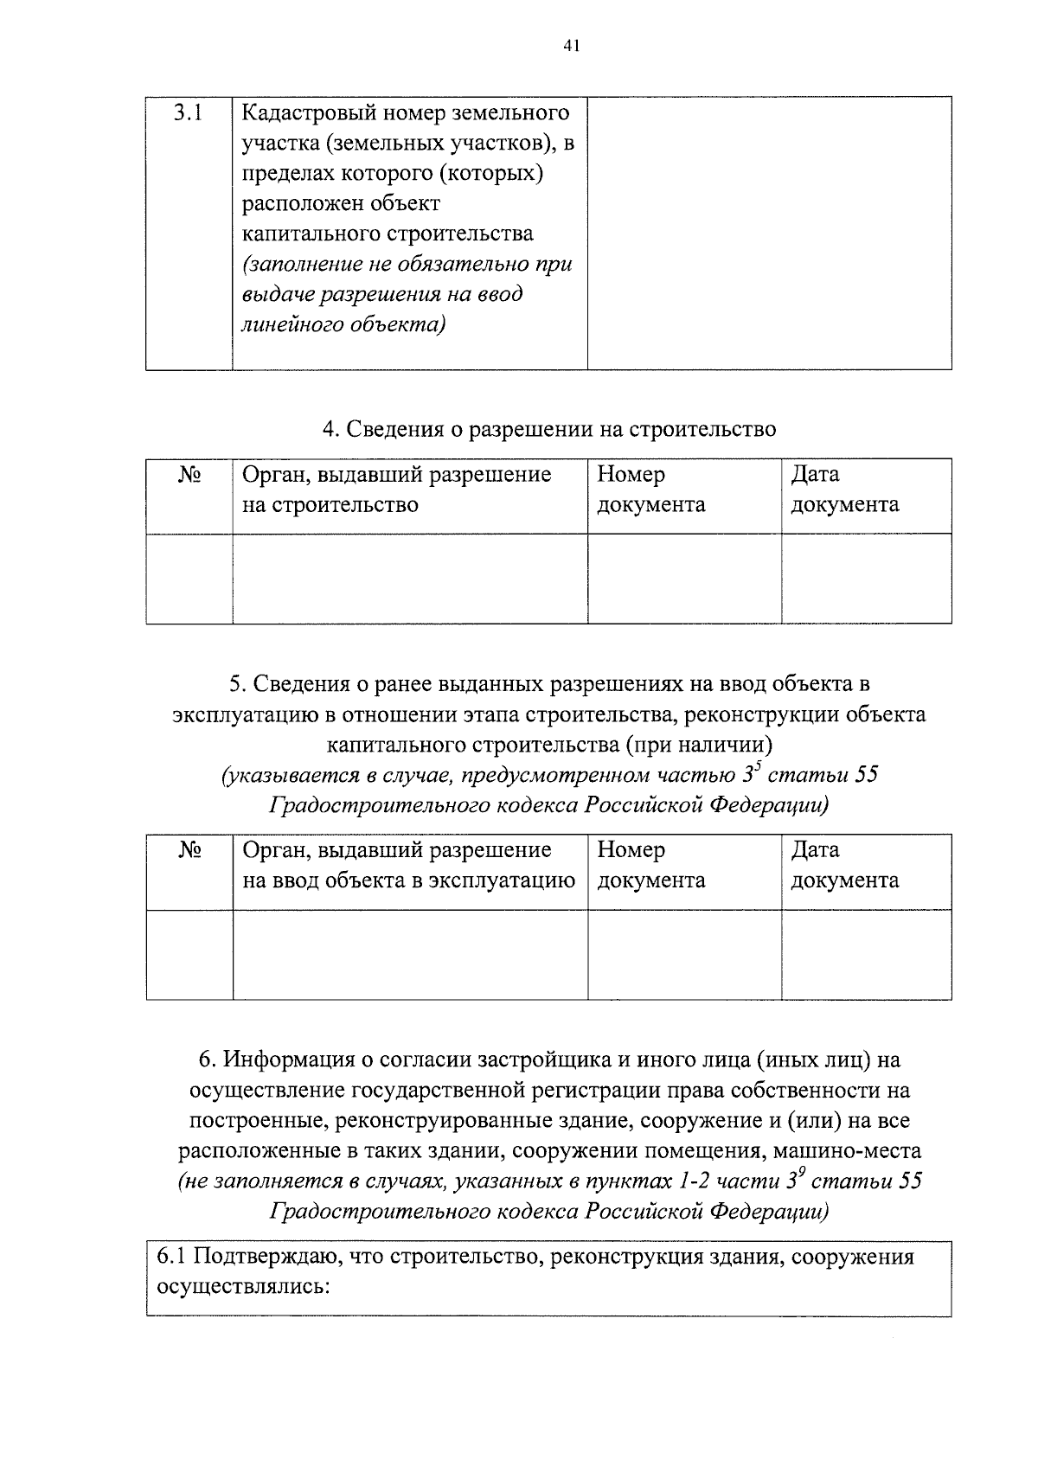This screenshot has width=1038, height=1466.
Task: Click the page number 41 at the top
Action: click(570, 47)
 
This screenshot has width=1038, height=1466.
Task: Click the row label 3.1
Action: click(188, 112)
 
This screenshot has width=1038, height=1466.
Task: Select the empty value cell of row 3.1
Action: click(769, 233)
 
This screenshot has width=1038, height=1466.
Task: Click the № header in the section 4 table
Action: click(189, 475)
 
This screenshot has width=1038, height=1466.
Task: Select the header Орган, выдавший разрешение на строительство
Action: click(396, 490)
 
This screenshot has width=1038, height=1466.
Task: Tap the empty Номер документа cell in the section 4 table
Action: click(684, 578)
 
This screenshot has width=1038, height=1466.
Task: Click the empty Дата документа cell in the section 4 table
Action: click(866, 578)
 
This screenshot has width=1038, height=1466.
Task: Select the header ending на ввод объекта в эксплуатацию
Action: click(408, 866)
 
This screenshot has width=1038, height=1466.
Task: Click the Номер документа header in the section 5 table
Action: click(650, 866)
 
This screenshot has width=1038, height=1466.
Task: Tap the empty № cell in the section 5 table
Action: click(189, 954)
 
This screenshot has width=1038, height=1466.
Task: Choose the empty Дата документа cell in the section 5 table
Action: click(866, 954)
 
